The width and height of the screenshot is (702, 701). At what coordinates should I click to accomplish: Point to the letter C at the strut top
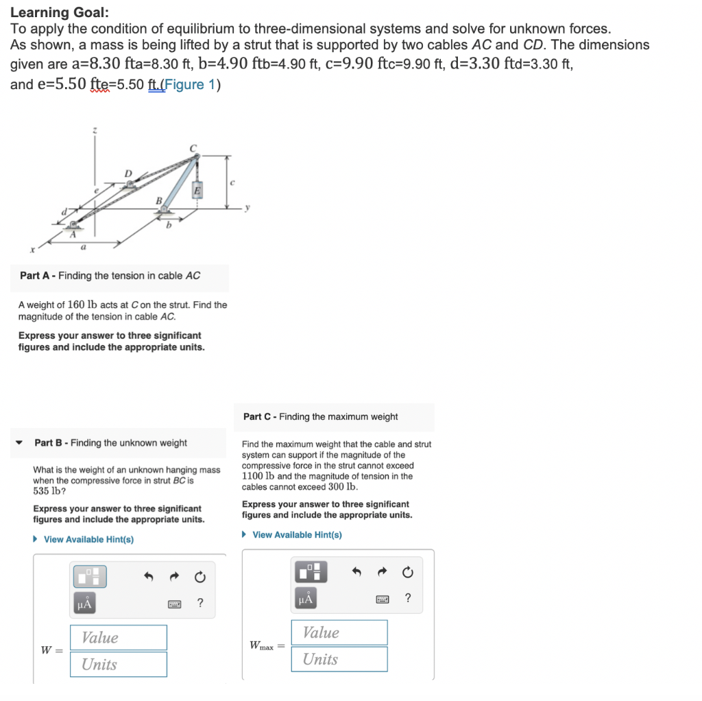[193, 148]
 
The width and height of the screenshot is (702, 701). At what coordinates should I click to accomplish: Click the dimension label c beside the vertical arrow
[233, 181]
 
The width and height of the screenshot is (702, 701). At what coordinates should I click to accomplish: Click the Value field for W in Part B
[118, 637]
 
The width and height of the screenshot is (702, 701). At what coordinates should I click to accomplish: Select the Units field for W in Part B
[118, 664]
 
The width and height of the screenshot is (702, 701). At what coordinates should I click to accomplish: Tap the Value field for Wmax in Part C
[341, 632]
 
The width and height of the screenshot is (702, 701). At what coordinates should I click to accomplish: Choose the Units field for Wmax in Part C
[341, 659]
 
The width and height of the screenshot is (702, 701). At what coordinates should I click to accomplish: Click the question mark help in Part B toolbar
[199, 603]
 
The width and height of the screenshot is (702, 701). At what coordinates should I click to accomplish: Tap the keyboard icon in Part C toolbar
[382, 599]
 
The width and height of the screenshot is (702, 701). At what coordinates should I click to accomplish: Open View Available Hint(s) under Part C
[297, 535]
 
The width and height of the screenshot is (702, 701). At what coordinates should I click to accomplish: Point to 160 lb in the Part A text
[82, 305]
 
